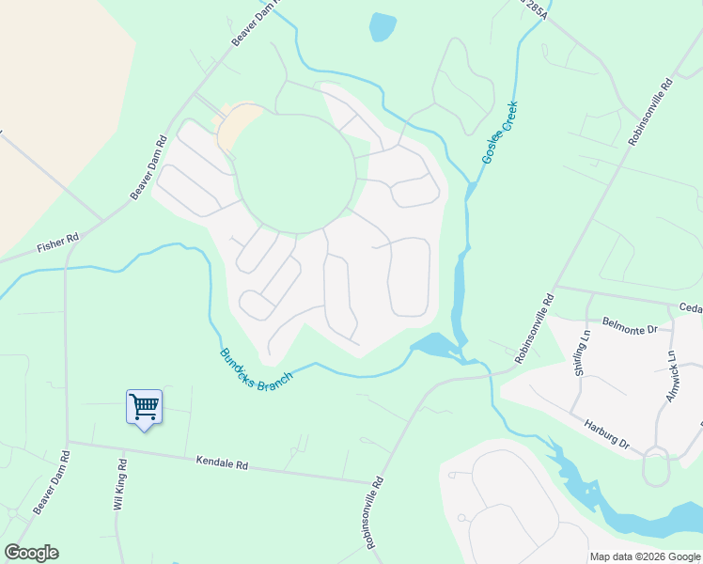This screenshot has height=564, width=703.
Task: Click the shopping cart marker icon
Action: (144, 408)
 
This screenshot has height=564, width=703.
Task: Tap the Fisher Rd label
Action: (57, 245)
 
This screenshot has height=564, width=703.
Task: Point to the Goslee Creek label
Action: (501, 134)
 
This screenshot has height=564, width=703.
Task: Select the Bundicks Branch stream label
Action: (256, 365)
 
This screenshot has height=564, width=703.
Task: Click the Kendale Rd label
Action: (222, 463)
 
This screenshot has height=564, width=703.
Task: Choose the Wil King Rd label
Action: (119, 485)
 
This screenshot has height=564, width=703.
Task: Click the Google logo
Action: (30, 553)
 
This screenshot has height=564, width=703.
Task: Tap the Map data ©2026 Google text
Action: (645, 556)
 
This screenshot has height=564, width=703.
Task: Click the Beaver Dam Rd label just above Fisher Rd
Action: (148, 168)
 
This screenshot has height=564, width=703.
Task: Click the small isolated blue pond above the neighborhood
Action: (383, 26)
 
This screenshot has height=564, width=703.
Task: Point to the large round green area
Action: (294, 172)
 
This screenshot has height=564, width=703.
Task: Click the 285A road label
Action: (533, 9)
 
